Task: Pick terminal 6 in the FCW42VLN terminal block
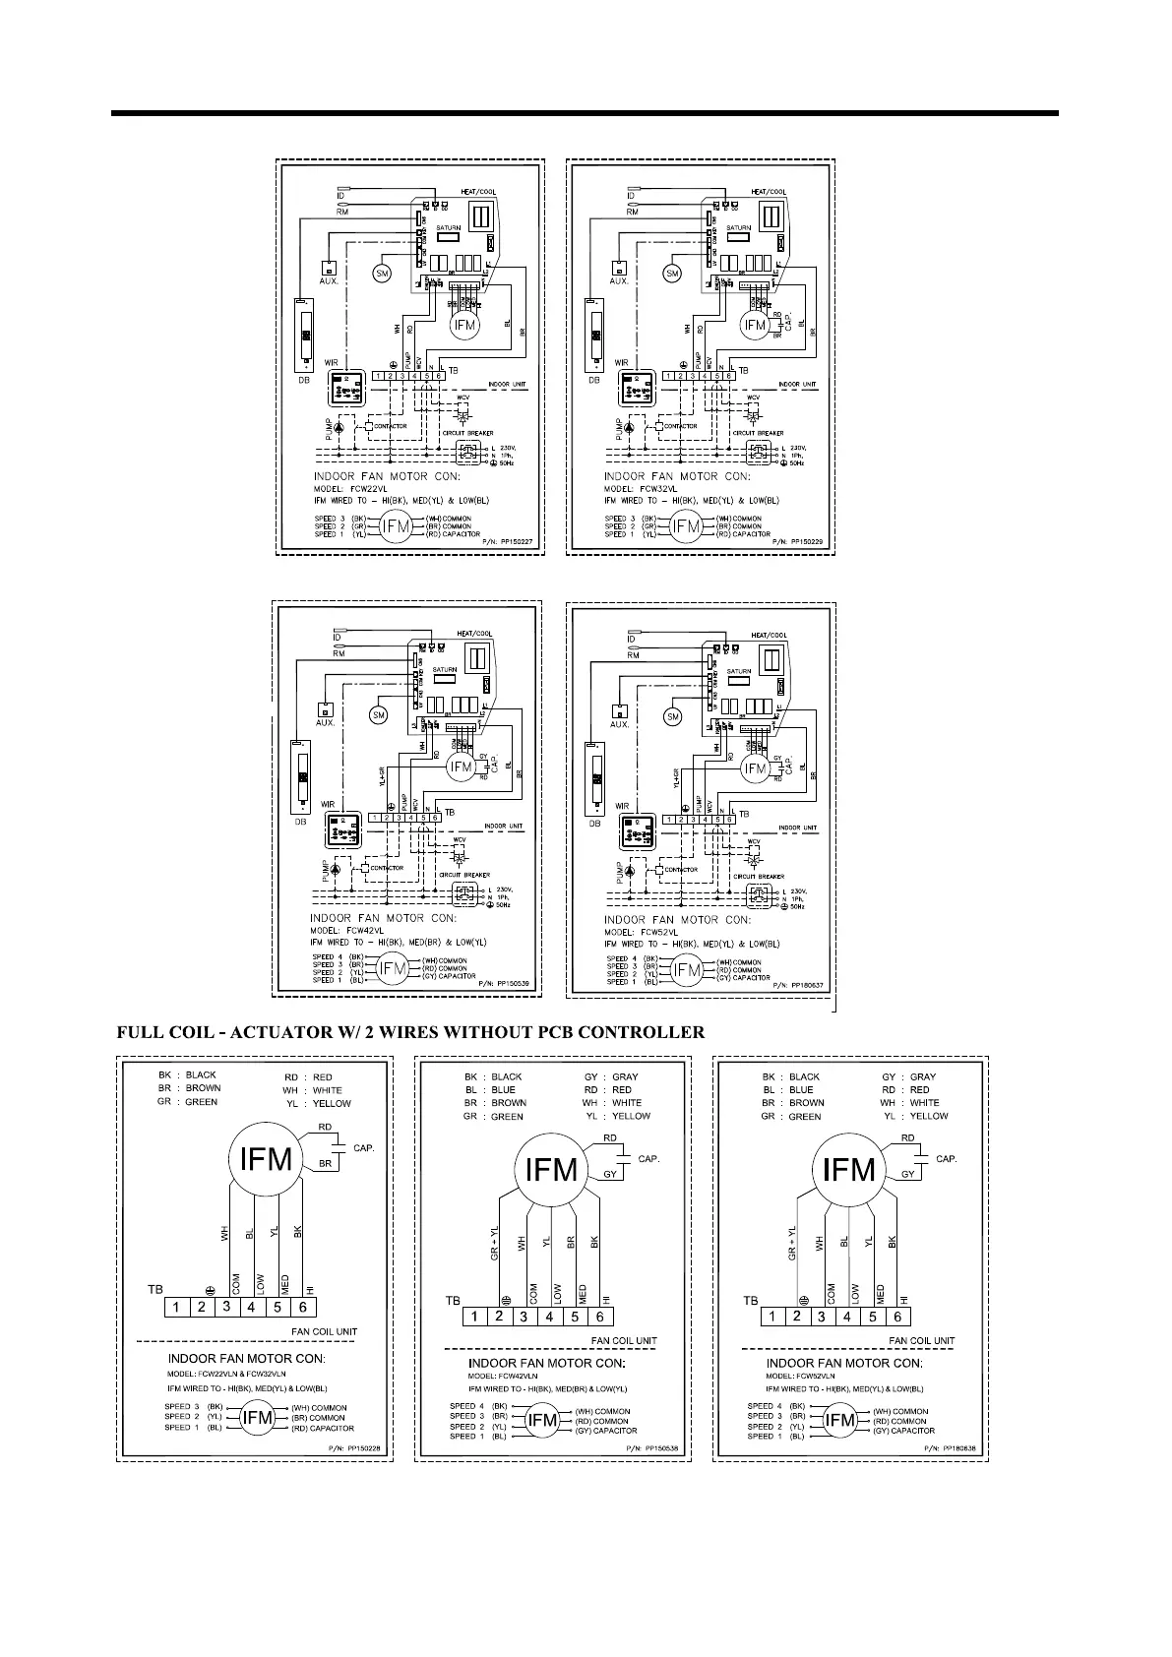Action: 599,1317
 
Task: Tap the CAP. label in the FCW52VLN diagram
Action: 946,1159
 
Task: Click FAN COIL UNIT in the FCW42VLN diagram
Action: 624,1340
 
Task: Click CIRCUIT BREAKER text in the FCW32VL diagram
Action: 757,433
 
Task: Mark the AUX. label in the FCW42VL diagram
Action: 325,723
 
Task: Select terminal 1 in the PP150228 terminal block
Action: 175,1308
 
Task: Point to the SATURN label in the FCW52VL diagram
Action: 739,671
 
